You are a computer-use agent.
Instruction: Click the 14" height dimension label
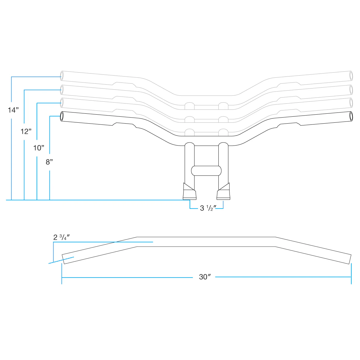[x=13, y=110]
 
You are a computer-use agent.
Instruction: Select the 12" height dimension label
[x=26, y=131]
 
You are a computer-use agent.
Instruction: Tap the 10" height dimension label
[x=39, y=148]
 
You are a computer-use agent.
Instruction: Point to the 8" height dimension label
[x=49, y=162]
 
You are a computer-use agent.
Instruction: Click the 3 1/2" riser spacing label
[x=208, y=208]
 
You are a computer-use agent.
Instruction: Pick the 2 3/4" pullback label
[x=61, y=237]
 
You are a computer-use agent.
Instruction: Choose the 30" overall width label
[x=205, y=277]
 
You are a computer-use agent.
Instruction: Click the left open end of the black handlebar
[x=62, y=116]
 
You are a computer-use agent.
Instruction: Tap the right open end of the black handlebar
[x=351, y=116]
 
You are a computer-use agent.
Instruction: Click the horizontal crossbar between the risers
[x=206, y=171]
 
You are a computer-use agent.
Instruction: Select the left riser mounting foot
[x=189, y=191]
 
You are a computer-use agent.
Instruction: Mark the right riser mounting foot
[x=223, y=191]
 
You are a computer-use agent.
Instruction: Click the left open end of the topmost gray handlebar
[x=62, y=76]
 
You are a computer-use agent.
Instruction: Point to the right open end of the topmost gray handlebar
[x=351, y=76]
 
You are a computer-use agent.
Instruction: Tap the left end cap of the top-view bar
[x=63, y=259]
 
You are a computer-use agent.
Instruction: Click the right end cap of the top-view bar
[x=350, y=259]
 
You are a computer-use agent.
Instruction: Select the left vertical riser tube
[x=189, y=164]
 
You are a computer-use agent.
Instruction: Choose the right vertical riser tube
[x=223, y=164]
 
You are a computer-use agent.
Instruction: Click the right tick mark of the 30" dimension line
[x=351, y=274]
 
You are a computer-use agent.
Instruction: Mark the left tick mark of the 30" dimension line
[x=62, y=274]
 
